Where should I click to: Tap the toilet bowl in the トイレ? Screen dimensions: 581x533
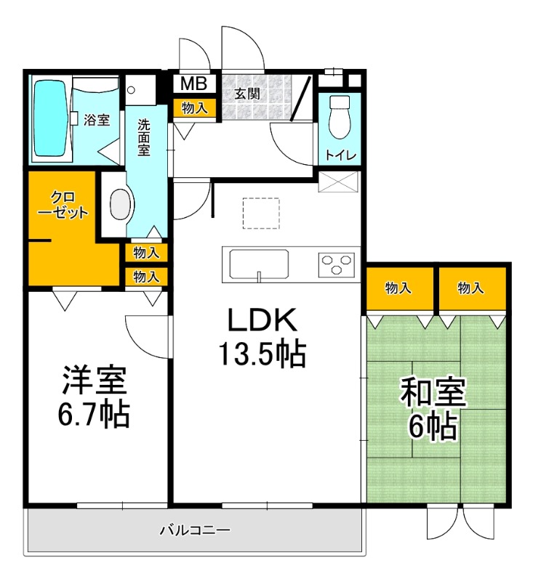(338, 118)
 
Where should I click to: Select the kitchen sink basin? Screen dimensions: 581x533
(260, 262)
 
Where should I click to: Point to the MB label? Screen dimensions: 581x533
(193, 84)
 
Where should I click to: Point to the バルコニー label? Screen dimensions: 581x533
(194, 531)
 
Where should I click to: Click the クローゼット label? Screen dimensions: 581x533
(63, 206)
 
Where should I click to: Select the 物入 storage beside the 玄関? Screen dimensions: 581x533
(194, 107)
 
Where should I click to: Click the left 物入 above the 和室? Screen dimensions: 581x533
(398, 288)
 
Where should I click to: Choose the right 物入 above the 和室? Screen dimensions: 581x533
(470, 288)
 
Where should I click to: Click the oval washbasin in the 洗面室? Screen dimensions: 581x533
(119, 205)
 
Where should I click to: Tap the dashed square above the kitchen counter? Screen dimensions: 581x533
(261, 211)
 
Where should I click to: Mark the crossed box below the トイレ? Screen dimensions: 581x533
(338, 182)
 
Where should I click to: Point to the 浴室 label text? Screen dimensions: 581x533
(97, 120)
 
